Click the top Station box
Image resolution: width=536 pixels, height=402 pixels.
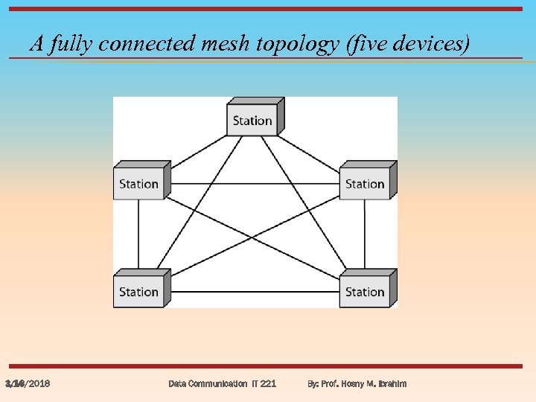click(x=252, y=120)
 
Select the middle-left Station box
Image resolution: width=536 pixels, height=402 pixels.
click(x=139, y=184)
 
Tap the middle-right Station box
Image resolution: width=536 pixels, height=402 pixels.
click(x=365, y=184)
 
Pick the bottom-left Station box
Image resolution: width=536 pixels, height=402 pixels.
click(x=139, y=292)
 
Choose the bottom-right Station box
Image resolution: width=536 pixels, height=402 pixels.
click(x=365, y=292)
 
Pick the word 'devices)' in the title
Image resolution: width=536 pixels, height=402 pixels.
click(x=433, y=45)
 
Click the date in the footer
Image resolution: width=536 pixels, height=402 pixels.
click(x=28, y=383)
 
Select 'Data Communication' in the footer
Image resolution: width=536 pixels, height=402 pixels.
click(x=208, y=383)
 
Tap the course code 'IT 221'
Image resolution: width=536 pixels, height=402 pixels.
click(x=264, y=383)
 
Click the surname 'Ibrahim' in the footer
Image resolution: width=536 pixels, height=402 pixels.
click(x=390, y=383)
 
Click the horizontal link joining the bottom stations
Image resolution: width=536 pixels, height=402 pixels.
click(x=253, y=291)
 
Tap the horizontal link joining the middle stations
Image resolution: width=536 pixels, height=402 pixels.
click(x=253, y=183)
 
